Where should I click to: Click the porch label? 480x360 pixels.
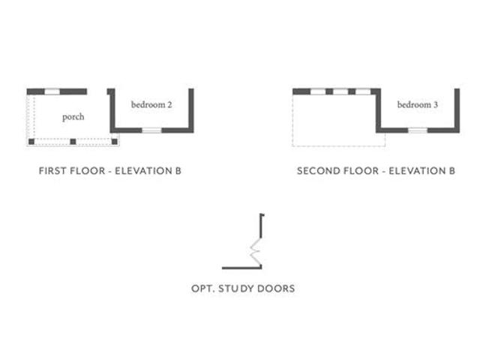coord(73,117)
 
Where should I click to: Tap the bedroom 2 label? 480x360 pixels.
coord(151,105)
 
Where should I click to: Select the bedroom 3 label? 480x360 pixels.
coord(418,105)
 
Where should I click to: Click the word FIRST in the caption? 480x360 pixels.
coord(52,171)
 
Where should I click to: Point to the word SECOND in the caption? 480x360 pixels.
coord(316,171)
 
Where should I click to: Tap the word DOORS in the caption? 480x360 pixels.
coord(275,288)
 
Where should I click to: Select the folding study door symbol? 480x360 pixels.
coord(256,252)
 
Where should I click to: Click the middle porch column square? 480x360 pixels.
coord(73,142)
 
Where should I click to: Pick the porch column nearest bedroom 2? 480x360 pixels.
coord(115,142)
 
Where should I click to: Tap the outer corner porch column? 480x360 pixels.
coord(31,142)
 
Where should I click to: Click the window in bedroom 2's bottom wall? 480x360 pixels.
coord(151,130)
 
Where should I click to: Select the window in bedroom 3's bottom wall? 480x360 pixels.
coord(418,130)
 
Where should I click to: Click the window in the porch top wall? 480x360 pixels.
coord(52,91)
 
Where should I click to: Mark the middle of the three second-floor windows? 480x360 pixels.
coord(340,91)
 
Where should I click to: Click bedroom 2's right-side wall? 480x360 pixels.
coord(191,110)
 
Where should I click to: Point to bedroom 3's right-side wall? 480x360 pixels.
coord(457,110)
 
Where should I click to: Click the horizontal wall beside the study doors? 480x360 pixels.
coord(241,268)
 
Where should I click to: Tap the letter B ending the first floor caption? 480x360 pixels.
coord(178,171)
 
